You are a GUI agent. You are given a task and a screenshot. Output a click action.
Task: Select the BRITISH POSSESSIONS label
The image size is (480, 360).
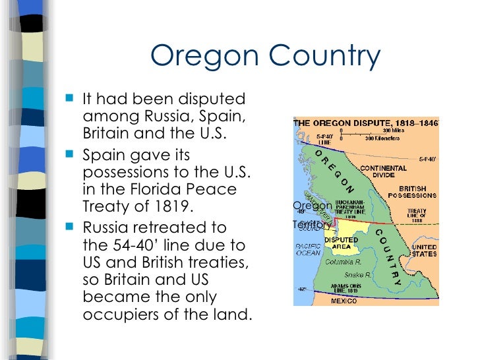coord(412,191)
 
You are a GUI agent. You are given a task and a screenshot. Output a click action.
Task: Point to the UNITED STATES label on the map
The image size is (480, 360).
coord(424,251)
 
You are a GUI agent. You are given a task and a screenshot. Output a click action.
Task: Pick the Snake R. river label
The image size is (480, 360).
coord(359,274)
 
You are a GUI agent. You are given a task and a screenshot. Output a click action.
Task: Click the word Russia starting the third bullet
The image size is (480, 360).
coord(106,227)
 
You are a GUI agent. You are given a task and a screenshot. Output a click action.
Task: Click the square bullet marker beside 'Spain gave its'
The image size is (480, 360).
coord(71,156)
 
